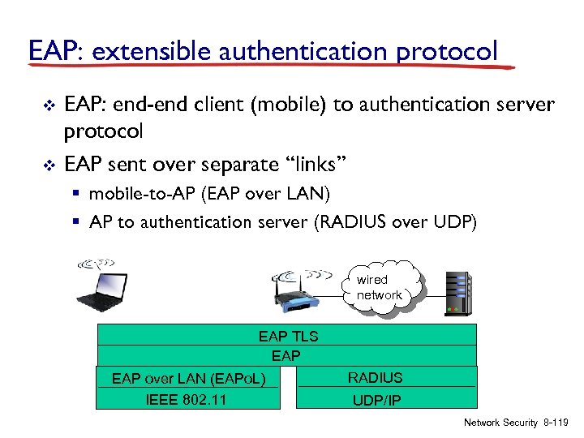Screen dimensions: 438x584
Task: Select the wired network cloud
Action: [x=379, y=287]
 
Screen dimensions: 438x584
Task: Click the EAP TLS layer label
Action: [x=288, y=336]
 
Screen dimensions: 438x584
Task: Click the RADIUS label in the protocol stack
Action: [x=375, y=377]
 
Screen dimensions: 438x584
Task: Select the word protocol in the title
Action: [x=448, y=51]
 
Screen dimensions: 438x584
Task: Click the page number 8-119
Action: [x=556, y=423]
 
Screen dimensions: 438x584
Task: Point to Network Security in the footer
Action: [x=500, y=423]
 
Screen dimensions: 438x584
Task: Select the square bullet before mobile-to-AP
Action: [x=79, y=195]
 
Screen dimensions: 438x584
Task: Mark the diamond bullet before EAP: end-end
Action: [x=46, y=105]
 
